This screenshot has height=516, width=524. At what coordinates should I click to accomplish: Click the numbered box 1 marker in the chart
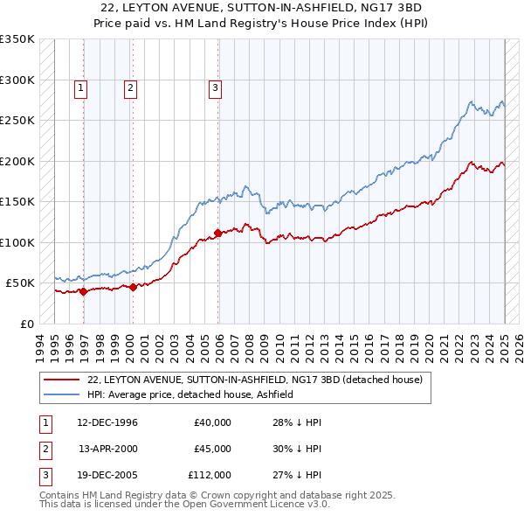80,87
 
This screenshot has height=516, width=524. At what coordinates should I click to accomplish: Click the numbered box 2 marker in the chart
130,87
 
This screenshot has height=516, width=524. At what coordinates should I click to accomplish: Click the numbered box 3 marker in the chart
215,87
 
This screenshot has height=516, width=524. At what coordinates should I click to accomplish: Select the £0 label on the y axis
27,324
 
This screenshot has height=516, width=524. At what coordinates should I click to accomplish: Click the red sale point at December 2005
218,233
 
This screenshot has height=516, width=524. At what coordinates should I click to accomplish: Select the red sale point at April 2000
134,287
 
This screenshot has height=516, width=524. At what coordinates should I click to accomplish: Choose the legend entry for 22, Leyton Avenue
255,380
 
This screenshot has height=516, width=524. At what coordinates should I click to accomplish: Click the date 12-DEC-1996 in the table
107,422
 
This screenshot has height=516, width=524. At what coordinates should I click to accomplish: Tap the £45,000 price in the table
212,449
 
